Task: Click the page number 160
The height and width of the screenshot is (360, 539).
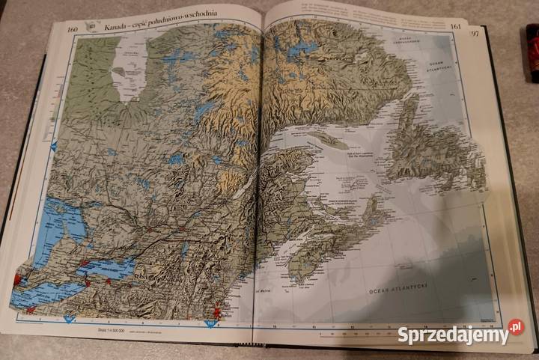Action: pyautogui.click(x=73, y=29)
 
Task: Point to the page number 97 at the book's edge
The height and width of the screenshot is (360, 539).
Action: pyautogui.click(x=475, y=33)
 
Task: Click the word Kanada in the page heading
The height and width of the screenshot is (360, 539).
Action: pyautogui.click(x=118, y=26)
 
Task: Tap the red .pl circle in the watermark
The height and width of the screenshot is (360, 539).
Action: pyautogui.click(x=515, y=327)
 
